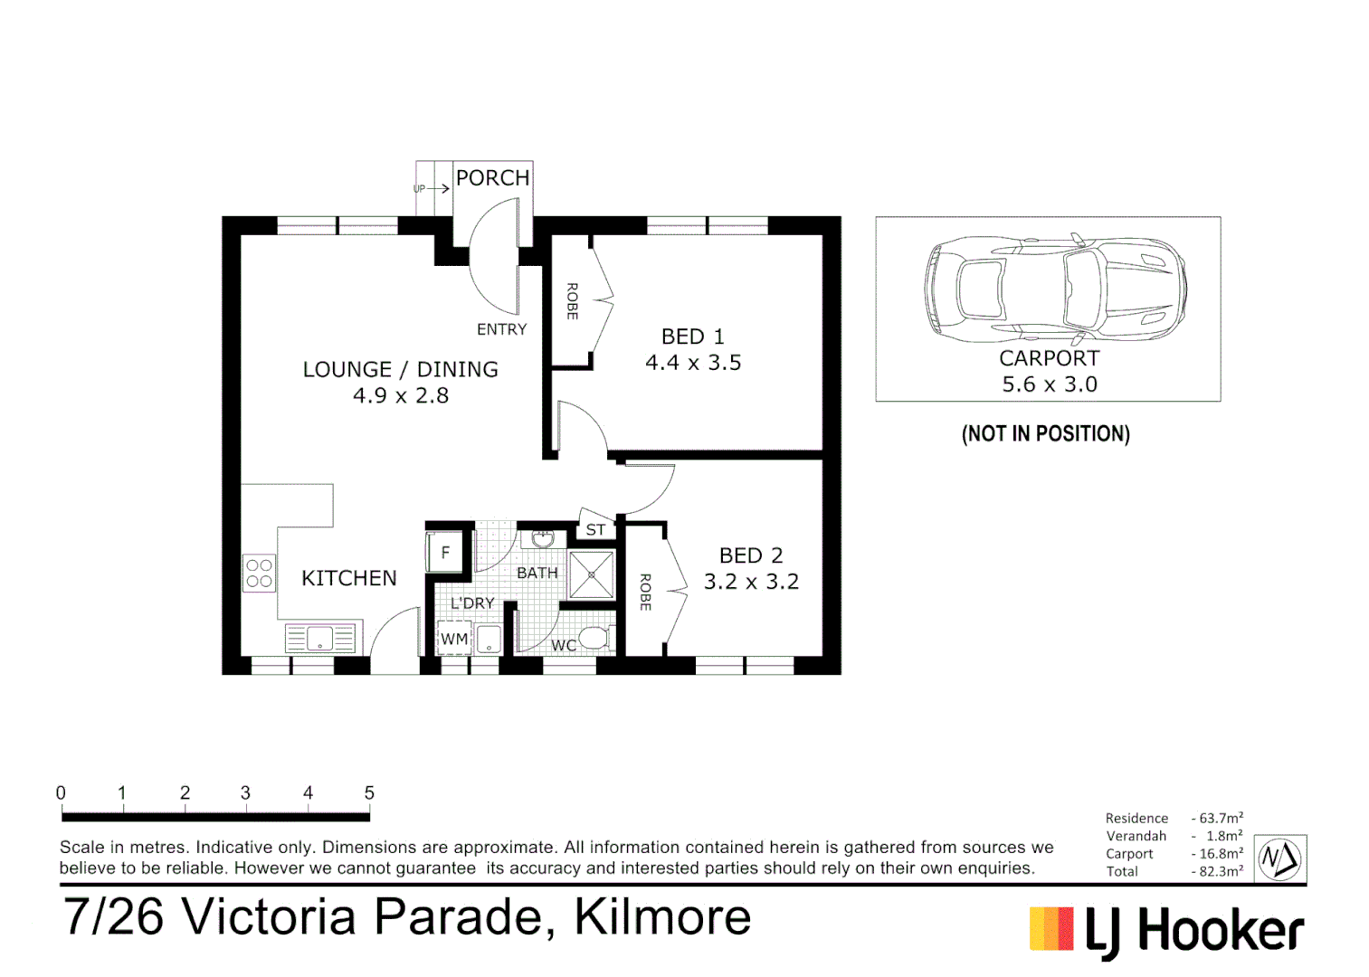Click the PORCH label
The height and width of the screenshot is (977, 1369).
(492, 178)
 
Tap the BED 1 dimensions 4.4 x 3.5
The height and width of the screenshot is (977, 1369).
(693, 363)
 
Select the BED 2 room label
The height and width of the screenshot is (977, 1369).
(751, 555)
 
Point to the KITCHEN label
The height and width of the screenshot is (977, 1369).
(349, 578)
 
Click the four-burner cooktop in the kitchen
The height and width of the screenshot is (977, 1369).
(259, 573)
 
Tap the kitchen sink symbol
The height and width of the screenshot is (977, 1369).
(320, 639)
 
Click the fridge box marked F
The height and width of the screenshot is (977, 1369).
(445, 552)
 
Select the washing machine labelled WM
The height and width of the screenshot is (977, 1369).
(454, 639)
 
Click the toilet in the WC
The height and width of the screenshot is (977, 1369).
(594, 638)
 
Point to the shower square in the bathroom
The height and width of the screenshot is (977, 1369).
(592, 574)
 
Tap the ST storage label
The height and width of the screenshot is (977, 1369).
(595, 530)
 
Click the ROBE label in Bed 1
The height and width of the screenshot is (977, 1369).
(572, 301)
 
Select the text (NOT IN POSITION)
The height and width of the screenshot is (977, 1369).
(1046, 433)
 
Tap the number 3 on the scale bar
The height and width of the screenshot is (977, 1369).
(245, 792)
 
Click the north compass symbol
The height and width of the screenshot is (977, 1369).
(1280, 858)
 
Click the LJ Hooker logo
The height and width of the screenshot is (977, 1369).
(1166, 931)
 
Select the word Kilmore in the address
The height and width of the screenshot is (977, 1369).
(662, 916)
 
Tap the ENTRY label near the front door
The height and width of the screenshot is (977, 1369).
(501, 329)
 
